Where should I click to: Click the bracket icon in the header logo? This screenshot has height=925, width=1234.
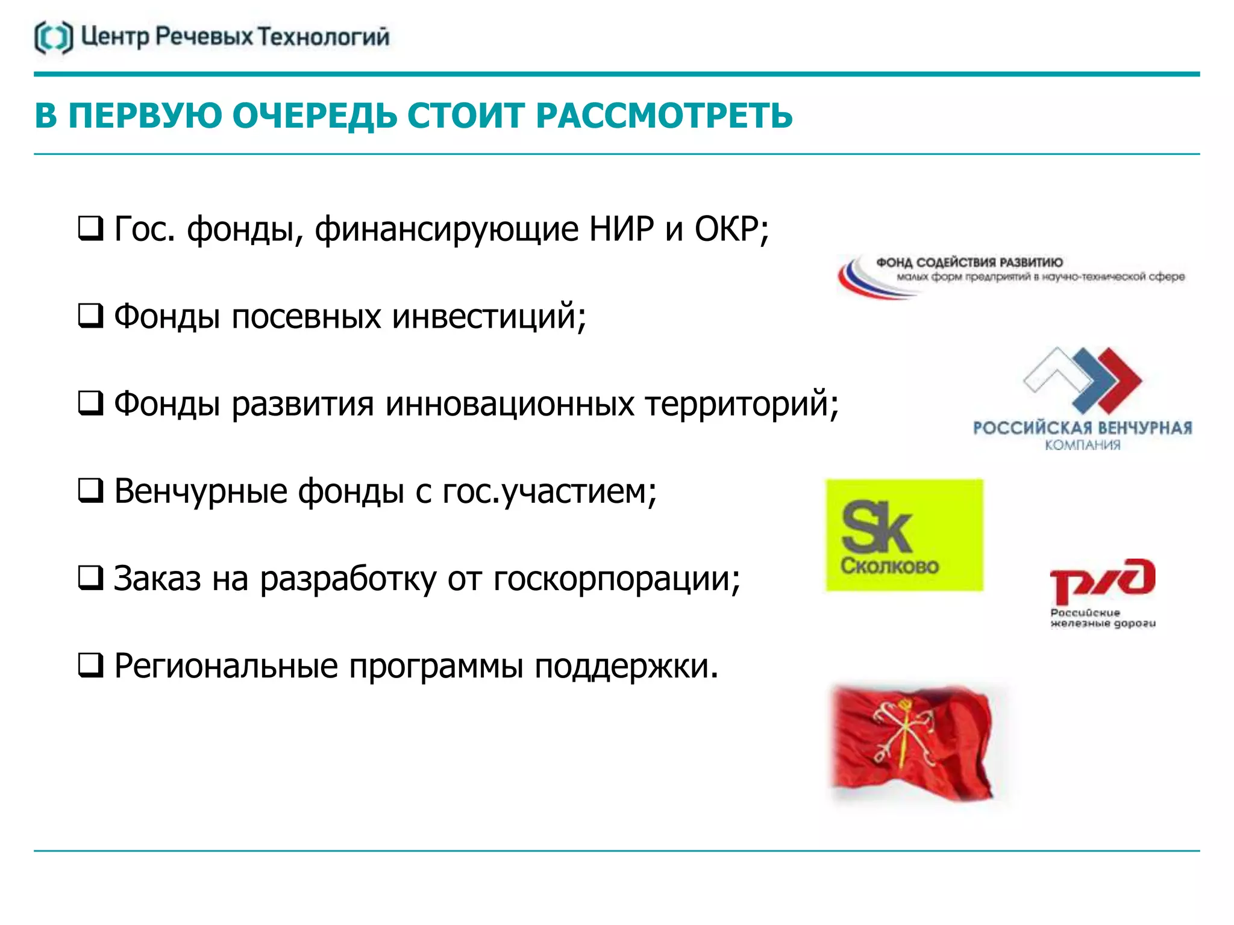(x=54, y=37)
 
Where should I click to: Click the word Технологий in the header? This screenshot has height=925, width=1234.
(x=324, y=37)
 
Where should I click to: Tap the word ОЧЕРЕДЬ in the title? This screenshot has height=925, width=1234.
(x=315, y=116)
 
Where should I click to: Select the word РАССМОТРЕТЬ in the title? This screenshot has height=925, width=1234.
(x=664, y=116)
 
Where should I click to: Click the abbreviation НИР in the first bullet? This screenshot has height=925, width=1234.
(x=621, y=229)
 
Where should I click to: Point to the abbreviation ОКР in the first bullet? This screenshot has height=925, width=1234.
(x=726, y=229)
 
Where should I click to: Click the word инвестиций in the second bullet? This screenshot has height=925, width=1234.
(x=489, y=316)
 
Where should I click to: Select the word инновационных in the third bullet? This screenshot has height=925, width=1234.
(x=510, y=403)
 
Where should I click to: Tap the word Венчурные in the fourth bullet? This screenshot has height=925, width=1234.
(x=201, y=491)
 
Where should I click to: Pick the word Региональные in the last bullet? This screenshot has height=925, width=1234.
(x=226, y=666)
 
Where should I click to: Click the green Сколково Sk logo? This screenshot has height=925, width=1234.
(x=904, y=535)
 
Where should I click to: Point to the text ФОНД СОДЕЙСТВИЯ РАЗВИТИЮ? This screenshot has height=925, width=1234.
(x=969, y=263)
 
